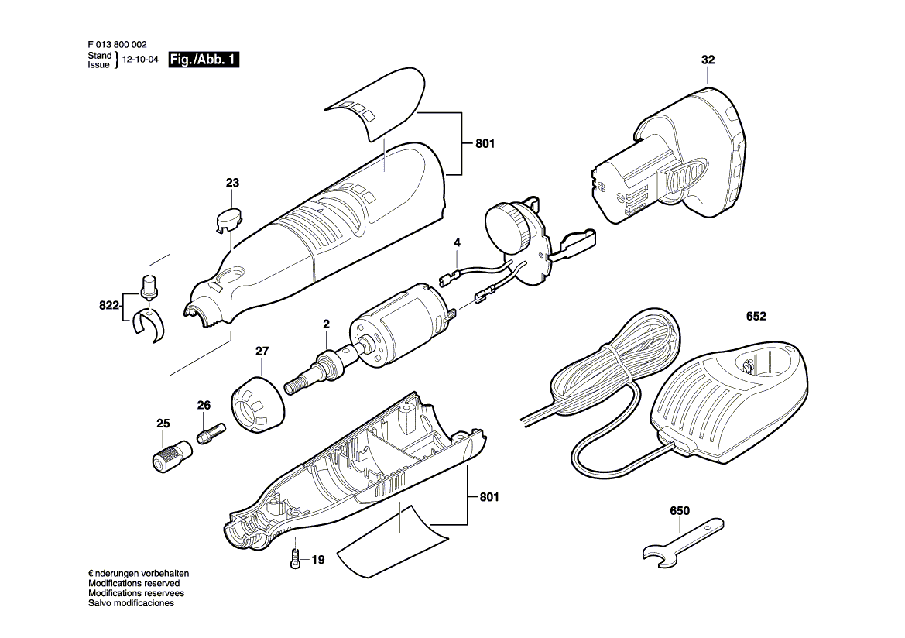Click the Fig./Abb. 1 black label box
204,60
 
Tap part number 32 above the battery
708,60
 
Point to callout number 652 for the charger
756,316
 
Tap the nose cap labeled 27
258,400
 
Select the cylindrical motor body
397,328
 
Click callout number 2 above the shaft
326,324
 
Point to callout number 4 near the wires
457,243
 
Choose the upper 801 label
485,143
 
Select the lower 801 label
488,496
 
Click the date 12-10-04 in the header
139,60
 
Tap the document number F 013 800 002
117,44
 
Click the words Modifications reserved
134,583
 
